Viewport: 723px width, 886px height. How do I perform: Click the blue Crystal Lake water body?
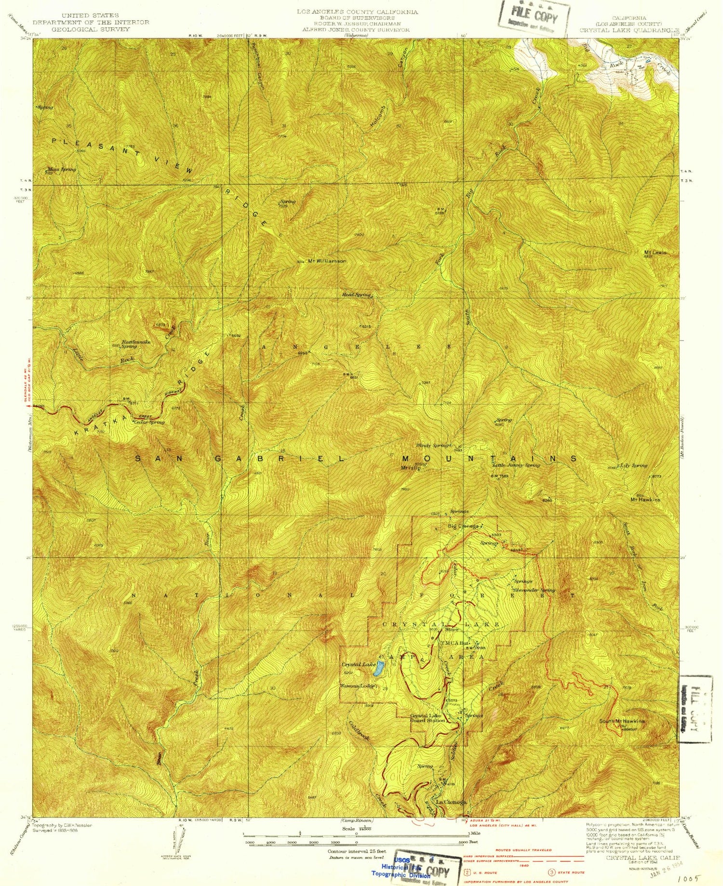[x=380, y=668]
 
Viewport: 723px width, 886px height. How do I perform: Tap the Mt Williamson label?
[x=327, y=261]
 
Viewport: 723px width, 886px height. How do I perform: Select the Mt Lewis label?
[x=655, y=252]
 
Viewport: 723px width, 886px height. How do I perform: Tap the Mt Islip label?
[x=407, y=468]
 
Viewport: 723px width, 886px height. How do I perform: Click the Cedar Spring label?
[x=149, y=422]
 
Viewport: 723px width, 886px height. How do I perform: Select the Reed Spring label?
[x=356, y=295]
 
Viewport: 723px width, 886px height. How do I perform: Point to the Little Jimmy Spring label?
[x=516, y=465]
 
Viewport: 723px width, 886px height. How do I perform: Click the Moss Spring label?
[x=62, y=169]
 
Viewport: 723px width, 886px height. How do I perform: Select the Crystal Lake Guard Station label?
[x=428, y=718]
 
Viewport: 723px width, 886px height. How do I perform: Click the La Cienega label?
[x=451, y=802]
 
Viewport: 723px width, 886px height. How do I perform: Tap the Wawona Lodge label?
[x=357, y=686]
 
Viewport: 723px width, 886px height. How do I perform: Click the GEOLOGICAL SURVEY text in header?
[x=91, y=29]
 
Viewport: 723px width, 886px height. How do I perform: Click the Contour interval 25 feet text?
[x=357, y=851]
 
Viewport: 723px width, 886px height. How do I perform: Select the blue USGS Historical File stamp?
[x=400, y=867]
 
